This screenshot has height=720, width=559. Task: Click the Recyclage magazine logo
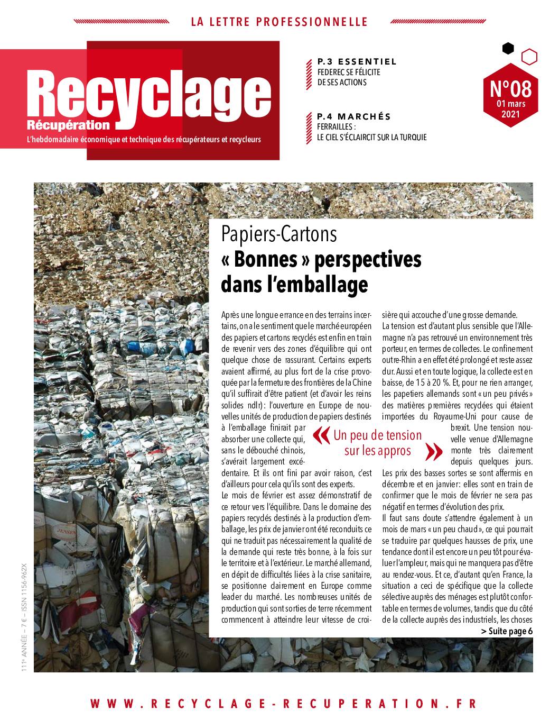point(151,95)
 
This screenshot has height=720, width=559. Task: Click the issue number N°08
point(510,88)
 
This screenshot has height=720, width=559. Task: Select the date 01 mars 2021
point(510,108)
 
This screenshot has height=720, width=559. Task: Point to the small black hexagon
point(507,49)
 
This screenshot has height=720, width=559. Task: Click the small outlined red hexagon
point(529,56)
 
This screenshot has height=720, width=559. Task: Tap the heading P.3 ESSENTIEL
point(357,62)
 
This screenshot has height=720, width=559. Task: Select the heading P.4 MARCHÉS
point(353,116)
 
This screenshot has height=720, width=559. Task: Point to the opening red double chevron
point(320,435)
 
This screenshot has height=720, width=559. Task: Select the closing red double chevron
point(433,451)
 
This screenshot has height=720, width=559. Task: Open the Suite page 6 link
point(507,631)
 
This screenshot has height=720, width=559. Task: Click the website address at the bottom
point(283,703)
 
